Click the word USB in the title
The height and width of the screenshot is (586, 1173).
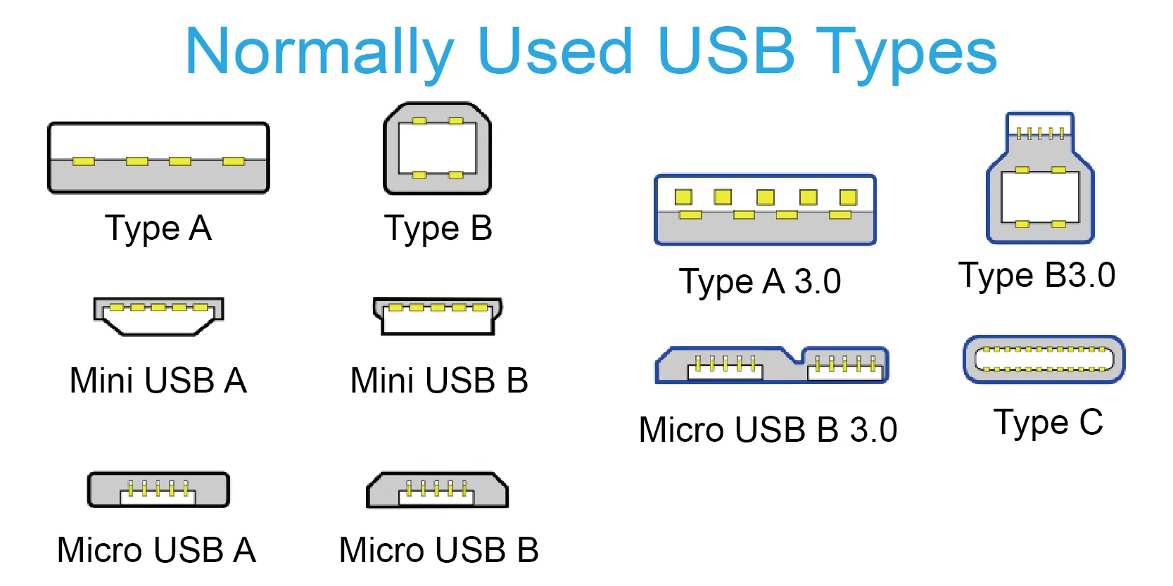pos(725,51)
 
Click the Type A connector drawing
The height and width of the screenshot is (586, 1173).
pos(158,158)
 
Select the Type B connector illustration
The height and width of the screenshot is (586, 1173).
pos(437,148)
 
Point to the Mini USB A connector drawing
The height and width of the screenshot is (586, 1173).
pos(158,316)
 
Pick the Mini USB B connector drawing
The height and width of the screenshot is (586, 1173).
pos(438,316)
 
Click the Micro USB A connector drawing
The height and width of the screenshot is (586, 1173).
pos(158,490)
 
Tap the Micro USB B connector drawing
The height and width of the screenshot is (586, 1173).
pos(437,490)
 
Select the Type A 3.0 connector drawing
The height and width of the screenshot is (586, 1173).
pos(765,210)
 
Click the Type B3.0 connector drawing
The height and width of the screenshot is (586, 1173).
pos(1040,178)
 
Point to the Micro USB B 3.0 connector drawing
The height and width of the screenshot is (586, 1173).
pos(772,364)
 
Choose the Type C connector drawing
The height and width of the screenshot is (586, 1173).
pos(1044,359)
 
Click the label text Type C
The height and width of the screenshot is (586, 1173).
pos(1048,422)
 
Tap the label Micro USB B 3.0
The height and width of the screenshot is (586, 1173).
pos(768,430)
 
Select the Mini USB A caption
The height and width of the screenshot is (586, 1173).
pos(158,380)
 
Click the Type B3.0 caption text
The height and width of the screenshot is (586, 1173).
pos(1037,276)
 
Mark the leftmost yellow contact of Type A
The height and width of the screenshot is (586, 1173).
pos(83,161)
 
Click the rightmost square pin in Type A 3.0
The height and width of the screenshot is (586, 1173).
pos(849,198)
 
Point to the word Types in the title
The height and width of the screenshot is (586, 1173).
pos(906,54)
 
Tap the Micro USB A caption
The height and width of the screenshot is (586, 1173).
pos(156,550)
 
